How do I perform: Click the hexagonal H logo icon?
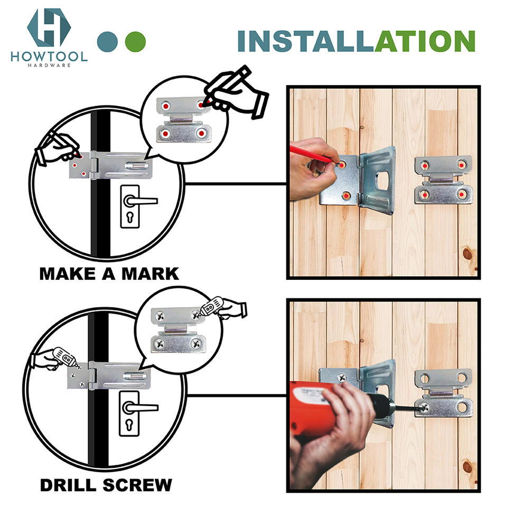(49, 27)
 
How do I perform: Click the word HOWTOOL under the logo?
(49, 57)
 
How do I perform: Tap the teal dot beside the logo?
(107, 42)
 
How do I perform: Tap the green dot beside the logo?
(135, 42)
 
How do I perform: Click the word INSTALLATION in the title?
(356, 41)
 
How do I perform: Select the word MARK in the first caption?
(150, 274)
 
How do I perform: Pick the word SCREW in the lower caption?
(137, 485)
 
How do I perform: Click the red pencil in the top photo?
(311, 154)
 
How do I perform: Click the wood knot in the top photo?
(467, 253)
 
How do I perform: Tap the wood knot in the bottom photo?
(467, 466)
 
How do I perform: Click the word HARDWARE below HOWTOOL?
(49, 65)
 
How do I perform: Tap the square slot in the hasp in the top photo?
(382, 181)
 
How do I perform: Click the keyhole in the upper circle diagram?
(130, 217)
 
